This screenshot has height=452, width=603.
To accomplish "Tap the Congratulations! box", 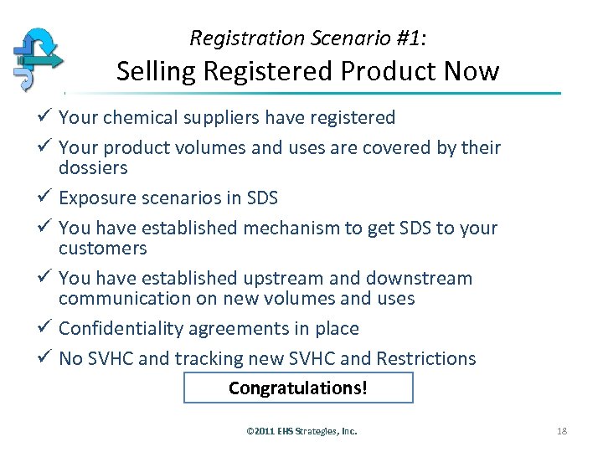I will [x=298, y=388].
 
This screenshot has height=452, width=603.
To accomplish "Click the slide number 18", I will [x=561, y=431].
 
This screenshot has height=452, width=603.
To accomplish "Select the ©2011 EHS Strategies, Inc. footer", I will [x=301, y=431].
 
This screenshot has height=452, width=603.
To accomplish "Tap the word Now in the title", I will [x=474, y=72].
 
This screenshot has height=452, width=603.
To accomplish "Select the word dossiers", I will [x=93, y=168].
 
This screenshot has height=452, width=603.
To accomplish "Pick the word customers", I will [x=102, y=249].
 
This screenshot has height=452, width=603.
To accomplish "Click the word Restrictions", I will [x=426, y=359].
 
